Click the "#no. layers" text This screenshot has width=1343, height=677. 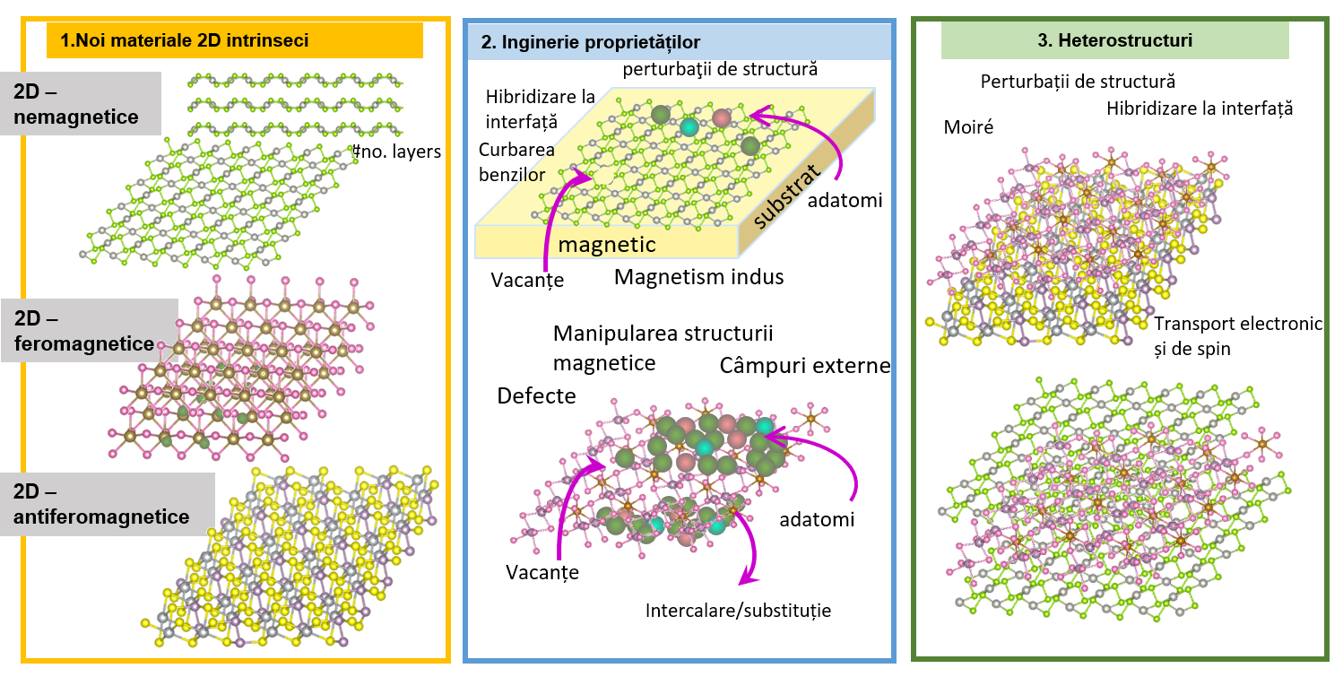click(x=398, y=152)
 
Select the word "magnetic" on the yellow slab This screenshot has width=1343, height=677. click(x=607, y=244)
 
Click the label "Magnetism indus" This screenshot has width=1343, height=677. click(x=698, y=277)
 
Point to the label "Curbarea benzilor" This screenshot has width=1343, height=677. click(x=516, y=161)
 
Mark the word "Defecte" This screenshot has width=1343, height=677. click(x=536, y=395)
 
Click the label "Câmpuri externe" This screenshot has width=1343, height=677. click(x=804, y=366)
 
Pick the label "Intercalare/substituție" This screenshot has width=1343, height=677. click(x=738, y=611)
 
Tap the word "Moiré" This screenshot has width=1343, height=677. click(x=968, y=127)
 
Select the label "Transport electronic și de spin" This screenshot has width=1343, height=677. click(x=1238, y=336)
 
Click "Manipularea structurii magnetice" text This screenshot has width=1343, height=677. click(x=663, y=348)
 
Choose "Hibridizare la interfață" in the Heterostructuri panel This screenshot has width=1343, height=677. click(x=1200, y=108)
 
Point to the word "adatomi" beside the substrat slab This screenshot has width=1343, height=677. click(x=845, y=201)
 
